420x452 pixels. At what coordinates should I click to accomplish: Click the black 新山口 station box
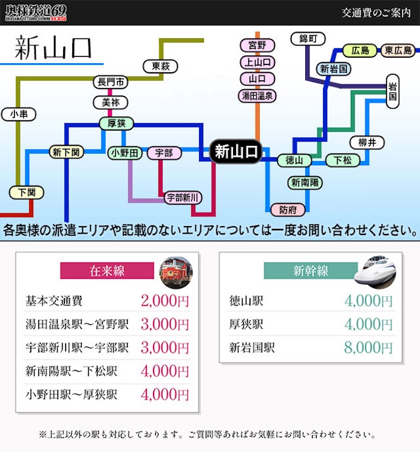point(235,152)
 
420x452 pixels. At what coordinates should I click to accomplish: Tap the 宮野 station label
point(257,46)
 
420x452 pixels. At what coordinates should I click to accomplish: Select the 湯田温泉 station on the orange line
point(257,95)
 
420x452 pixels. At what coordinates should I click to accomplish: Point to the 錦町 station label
point(304,39)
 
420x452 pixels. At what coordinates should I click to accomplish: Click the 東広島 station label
point(398,51)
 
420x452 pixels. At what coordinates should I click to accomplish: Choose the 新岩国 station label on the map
point(334,69)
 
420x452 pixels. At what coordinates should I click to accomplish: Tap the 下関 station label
point(27,193)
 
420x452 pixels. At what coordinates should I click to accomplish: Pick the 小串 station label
point(19,114)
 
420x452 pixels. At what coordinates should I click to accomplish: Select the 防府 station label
point(288,210)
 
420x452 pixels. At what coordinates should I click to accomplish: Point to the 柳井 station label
point(367,143)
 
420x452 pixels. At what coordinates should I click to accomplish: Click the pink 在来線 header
point(107,271)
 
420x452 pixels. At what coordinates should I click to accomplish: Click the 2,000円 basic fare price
point(165,301)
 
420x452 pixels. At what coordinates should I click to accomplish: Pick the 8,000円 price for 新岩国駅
point(368,348)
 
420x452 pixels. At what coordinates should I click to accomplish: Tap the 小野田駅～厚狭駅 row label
point(72,394)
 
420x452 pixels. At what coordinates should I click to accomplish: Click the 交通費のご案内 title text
point(376,12)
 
